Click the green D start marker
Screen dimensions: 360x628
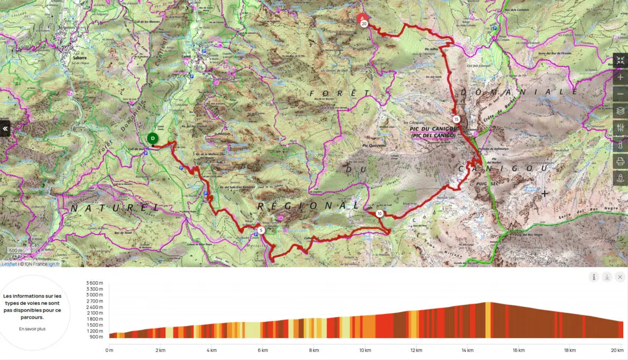click(x=152, y=138)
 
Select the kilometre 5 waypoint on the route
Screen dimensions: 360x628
click(x=261, y=231)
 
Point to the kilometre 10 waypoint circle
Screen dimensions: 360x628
click(x=379, y=214)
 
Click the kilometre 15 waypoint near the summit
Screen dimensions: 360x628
click(x=456, y=119)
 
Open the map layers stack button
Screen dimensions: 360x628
click(x=620, y=111)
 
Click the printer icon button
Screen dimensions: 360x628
click(x=620, y=160)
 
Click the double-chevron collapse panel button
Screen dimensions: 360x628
click(x=5, y=129)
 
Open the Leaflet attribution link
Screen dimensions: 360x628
click(x=9, y=264)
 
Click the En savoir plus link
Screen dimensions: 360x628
click(x=32, y=329)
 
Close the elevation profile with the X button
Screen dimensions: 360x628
click(x=620, y=277)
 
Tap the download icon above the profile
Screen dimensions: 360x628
click(x=607, y=277)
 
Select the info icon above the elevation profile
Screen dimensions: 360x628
click(x=594, y=277)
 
